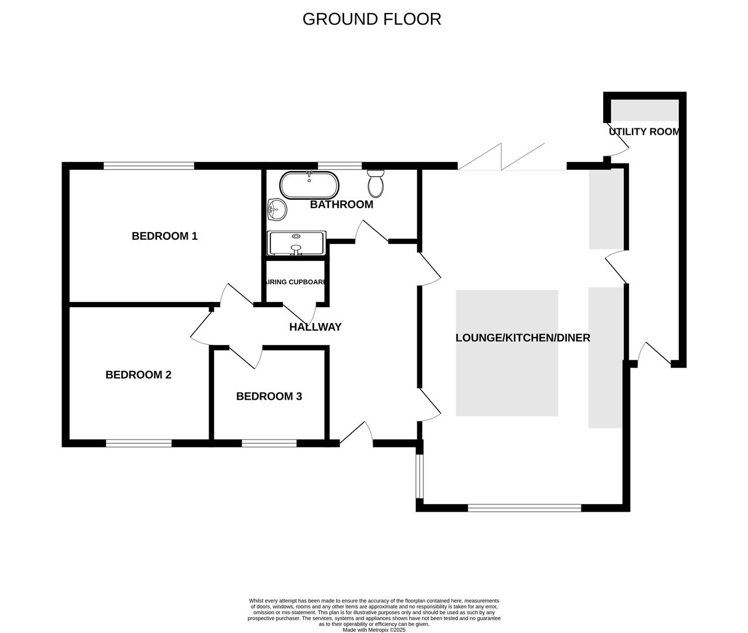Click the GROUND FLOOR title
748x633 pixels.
click(372, 19)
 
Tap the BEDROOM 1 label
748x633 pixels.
click(164, 236)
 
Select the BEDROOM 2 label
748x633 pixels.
click(138, 375)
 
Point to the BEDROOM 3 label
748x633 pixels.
click(269, 396)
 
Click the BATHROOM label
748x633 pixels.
click(341, 205)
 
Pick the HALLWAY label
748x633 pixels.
click(315, 327)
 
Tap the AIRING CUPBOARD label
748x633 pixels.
click(295, 282)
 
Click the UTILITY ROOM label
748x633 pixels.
click(644, 132)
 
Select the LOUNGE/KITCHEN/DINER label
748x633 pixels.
click(522, 338)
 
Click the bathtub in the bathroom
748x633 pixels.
click(309, 185)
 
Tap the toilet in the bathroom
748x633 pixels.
click(376, 183)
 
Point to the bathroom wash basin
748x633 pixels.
click(276, 209)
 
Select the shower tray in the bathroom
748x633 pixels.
click(296, 244)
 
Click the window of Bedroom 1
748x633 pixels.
click(148, 166)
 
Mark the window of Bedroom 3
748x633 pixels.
click(269, 443)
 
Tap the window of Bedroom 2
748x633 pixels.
click(139, 443)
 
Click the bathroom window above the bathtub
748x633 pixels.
click(339, 166)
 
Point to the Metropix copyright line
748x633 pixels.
click(373, 630)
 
